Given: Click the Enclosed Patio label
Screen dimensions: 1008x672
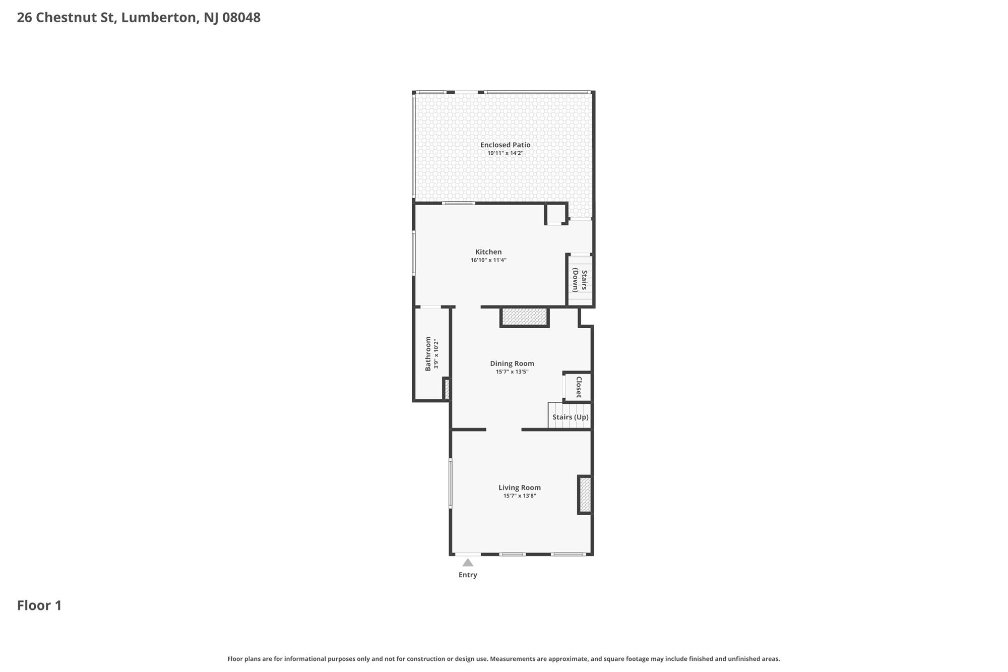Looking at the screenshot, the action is pyautogui.click(x=505, y=145).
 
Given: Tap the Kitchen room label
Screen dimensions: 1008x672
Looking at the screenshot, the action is pyautogui.click(x=488, y=252).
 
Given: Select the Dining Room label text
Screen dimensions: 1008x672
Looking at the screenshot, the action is pyautogui.click(x=512, y=363).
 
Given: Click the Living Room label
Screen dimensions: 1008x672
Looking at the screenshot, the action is pyautogui.click(x=520, y=487).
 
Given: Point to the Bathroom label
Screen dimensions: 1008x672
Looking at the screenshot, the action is pyautogui.click(x=428, y=354).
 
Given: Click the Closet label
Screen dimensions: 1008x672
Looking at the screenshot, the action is pyautogui.click(x=579, y=387).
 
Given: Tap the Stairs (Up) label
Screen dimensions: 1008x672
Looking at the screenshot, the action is pyautogui.click(x=571, y=417).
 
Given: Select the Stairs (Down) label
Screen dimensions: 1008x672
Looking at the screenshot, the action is pyautogui.click(x=580, y=281).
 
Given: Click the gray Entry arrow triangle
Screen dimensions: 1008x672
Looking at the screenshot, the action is pyautogui.click(x=468, y=563).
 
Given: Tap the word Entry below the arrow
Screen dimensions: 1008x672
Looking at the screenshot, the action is pyautogui.click(x=468, y=575).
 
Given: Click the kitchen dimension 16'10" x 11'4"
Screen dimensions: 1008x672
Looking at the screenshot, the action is pyautogui.click(x=488, y=260).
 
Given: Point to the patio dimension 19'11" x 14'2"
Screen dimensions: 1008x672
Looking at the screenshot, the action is pyautogui.click(x=505, y=153).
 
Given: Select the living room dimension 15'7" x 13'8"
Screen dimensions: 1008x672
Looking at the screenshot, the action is pyautogui.click(x=520, y=496).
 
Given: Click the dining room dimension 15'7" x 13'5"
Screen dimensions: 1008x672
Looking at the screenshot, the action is pyautogui.click(x=512, y=372).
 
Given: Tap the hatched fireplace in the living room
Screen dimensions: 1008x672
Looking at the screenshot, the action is pyautogui.click(x=585, y=495).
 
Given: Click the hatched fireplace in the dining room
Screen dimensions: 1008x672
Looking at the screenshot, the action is pyautogui.click(x=525, y=317).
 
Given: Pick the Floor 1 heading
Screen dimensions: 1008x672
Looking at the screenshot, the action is pyautogui.click(x=39, y=605).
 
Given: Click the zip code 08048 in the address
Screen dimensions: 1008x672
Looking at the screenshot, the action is pyautogui.click(x=241, y=18).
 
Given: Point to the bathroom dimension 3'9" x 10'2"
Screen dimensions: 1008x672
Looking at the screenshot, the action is pyautogui.click(x=436, y=354).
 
